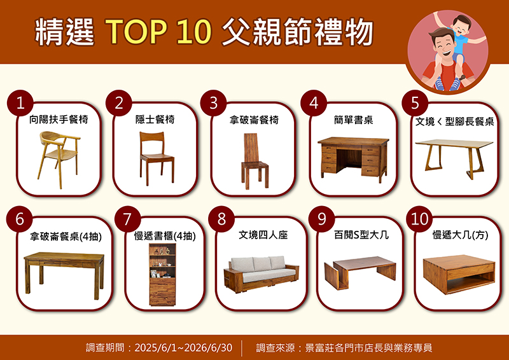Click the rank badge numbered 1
(x=20, y=103)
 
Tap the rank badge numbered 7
(x=128, y=219)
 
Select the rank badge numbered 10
(x=419, y=219)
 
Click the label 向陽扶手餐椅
(x=59, y=120)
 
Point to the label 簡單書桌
(x=353, y=120)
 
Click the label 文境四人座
(x=263, y=235)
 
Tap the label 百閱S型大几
(x=361, y=235)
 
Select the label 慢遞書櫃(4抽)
(x=165, y=236)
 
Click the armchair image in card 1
(x=59, y=160)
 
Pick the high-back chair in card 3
(x=255, y=161)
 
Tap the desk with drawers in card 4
(x=353, y=160)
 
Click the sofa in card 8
(x=261, y=274)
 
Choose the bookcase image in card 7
(x=162, y=275)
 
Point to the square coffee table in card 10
(x=459, y=274)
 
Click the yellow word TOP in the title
(x=136, y=32)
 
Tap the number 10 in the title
(x=194, y=32)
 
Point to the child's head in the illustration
(x=461, y=24)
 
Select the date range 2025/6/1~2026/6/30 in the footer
(x=183, y=348)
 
